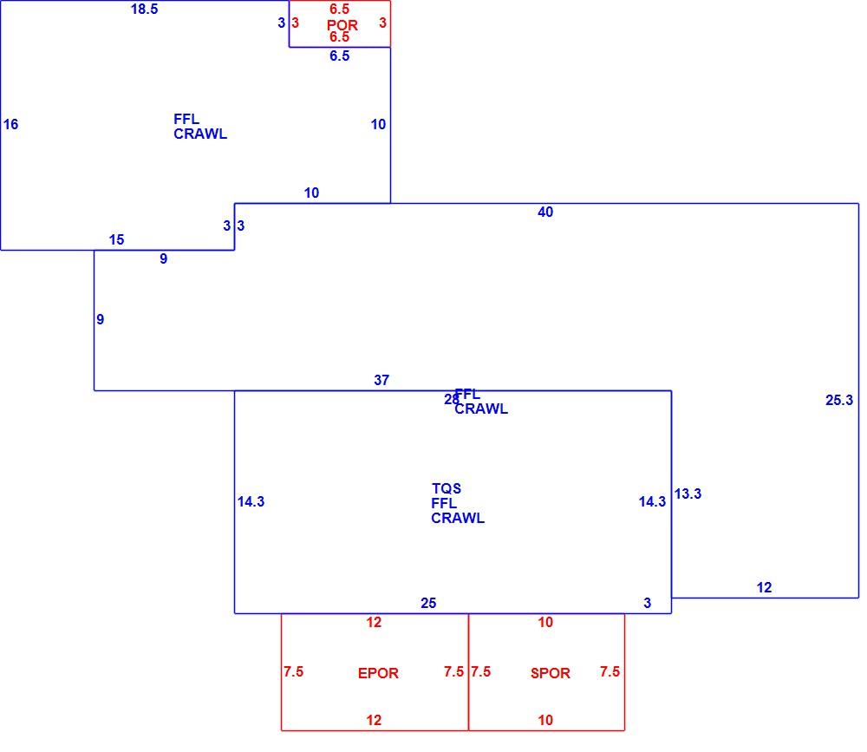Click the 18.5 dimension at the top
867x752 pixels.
[x=144, y=9]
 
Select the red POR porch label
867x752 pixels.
[x=342, y=25]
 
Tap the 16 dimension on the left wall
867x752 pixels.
[x=10, y=124]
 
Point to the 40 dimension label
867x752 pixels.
[x=545, y=212]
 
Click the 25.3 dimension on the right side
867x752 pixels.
[x=838, y=400]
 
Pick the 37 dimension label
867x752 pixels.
[x=381, y=380]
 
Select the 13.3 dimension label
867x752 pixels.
[x=688, y=494]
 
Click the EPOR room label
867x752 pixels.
[x=378, y=673]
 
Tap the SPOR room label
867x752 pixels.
[x=551, y=673]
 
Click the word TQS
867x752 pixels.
[x=447, y=488]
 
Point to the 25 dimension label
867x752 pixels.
[x=428, y=603]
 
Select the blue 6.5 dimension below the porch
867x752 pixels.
[x=340, y=56]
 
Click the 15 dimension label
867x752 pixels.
[x=116, y=239]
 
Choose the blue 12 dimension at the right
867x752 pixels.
[x=764, y=588]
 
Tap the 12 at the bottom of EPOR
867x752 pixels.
[x=374, y=720]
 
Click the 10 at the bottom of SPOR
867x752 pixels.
[x=545, y=720]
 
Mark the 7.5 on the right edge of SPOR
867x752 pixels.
[x=610, y=671]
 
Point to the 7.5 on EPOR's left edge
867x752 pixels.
[x=294, y=671]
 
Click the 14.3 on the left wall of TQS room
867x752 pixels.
[x=251, y=501]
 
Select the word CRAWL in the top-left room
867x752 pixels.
[x=200, y=134]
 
